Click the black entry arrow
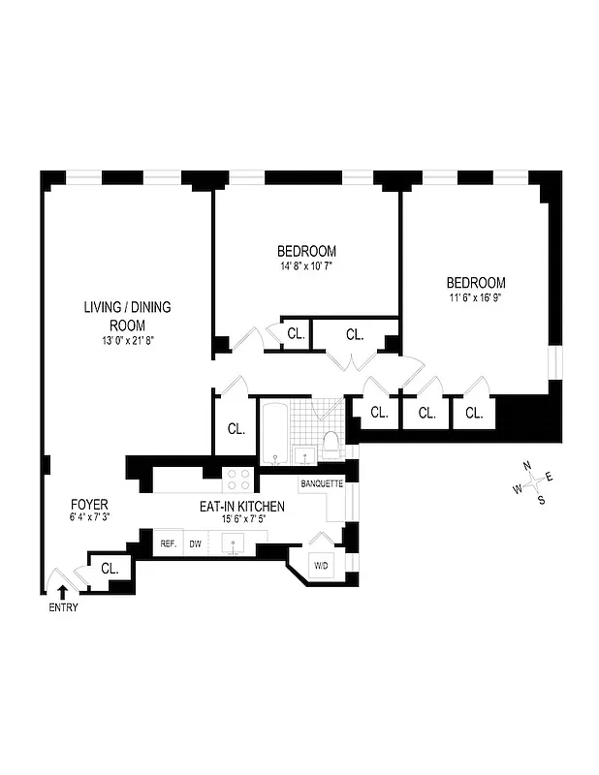coord(64,592)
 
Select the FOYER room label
coord(88,505)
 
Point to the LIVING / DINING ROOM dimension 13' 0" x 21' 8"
coord(126,340)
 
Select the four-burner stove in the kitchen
coord(237,479)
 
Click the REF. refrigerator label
coord(168,544)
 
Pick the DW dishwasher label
coord(195,544)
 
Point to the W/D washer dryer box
coord(321,565)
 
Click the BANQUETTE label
coord(322,482)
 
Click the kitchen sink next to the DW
coord(236,544)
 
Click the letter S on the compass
coord(541,500)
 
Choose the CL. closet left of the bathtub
coord(236,428)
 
